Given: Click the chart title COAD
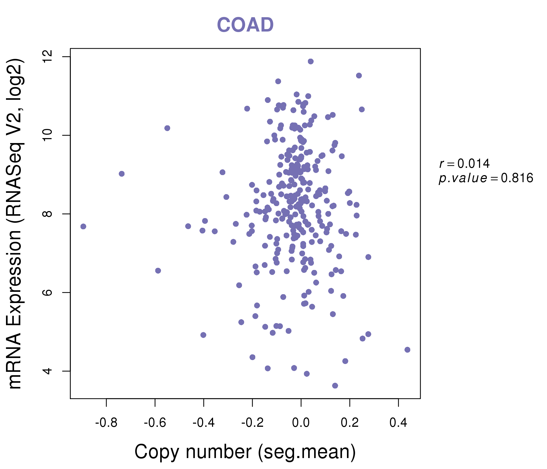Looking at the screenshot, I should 245,25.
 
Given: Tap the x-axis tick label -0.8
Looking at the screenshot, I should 106,423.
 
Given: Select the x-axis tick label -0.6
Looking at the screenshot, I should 155,423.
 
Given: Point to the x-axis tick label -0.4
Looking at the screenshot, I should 203,423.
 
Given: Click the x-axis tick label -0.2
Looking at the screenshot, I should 252,423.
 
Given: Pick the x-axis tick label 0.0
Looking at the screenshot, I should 301,423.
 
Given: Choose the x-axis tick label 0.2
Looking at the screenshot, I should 350,423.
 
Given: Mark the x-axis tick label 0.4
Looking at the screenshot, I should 398,423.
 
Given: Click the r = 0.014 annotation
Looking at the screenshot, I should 464,164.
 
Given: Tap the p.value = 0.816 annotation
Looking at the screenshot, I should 486,178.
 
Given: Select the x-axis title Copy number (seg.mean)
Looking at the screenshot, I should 245,452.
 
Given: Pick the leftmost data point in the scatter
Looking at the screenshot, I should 83,227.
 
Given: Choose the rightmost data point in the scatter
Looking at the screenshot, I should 407,350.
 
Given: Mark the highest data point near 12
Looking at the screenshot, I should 311,61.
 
